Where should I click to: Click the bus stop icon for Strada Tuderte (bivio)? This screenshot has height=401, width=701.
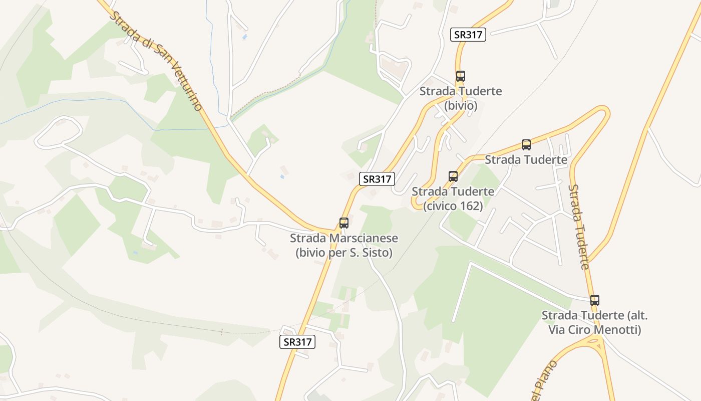(x=460, y=76)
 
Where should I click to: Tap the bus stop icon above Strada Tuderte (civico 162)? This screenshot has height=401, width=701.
(x=453, y=176)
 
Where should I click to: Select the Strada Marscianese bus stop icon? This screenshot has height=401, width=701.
(x=344, y=223)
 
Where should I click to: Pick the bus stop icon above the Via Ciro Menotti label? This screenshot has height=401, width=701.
(x=594, y=300)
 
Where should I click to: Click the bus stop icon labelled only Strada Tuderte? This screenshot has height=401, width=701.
(x=526, y=145)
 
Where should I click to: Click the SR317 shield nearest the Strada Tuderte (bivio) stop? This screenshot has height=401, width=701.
(x=468, y=35)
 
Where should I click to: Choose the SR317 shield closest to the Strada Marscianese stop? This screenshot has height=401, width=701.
(x=377, y=179)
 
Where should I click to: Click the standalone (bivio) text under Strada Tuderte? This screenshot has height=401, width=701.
(x=461, y=106)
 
